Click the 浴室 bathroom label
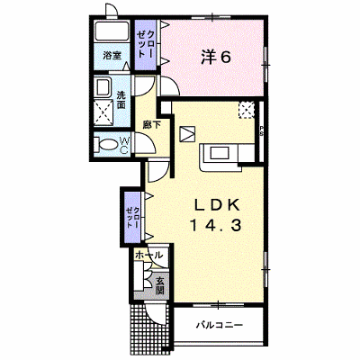(112, 56)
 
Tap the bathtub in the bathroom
(112, 31)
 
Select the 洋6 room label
(216, 57)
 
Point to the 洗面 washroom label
(121, 100)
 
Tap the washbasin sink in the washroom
(103, 86)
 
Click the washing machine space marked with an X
(103, 112)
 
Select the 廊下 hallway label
(151, 124)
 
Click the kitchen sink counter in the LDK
(220, 157)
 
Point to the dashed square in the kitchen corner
(247, 110)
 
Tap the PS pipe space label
(261, 130)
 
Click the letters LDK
(217, 205)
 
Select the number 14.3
(215, 225)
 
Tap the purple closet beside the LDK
(132, 216)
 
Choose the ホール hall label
(149, 256)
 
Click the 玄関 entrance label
(160, 285)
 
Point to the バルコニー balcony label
(220, 325)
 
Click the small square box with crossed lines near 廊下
(187, 134)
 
